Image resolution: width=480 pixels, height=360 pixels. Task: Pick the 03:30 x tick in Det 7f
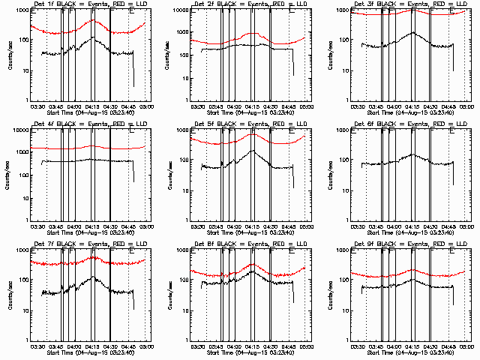(x=37, y=346)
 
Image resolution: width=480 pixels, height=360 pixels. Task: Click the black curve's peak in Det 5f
(x=253, y=150)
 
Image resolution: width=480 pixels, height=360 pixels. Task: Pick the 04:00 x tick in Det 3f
(x=394, y=106)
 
